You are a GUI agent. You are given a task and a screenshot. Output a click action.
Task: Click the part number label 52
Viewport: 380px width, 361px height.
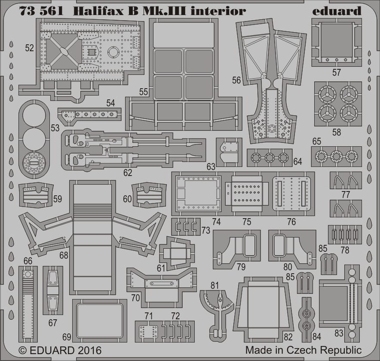[x=29, y=48]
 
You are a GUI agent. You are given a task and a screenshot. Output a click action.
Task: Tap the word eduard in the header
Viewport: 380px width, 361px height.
[x=337, y=11]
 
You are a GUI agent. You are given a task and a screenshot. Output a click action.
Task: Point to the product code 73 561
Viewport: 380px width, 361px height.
[x=41, y=11]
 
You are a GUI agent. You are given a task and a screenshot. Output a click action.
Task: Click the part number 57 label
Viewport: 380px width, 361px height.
[x=337, y=72]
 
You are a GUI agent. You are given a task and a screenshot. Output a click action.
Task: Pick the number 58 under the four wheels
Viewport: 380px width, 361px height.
[x=337, y=132]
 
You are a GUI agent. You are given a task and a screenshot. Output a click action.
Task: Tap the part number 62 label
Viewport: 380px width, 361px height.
[x=128, y=173]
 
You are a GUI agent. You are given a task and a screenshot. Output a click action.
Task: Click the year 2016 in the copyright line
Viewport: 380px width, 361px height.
[x=89, y=351]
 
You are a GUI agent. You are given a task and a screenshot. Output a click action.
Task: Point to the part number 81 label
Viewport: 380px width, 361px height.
[x=215, y=286]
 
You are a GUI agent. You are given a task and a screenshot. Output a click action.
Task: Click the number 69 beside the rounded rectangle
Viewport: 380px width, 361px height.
[x=67, y=337]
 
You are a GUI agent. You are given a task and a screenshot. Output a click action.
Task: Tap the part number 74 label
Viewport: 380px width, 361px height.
[x=216, y=222]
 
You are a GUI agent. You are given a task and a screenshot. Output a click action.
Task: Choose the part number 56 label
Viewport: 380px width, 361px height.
[x=236, y=80]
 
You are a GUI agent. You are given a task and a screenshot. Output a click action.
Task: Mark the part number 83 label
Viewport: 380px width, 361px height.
[x=339, y=333]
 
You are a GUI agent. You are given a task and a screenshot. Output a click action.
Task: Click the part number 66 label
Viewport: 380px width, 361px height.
[x=28, y=261]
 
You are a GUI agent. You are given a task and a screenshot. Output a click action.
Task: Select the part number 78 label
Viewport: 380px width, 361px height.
[x=345, y=250]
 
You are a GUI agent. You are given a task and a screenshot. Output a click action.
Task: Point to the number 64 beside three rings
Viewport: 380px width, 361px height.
[x=297, y=162]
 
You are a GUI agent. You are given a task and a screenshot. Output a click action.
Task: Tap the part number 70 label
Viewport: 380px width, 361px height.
[x=135, y=298]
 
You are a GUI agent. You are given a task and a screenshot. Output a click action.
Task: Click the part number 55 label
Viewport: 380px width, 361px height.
[x=144, y=92]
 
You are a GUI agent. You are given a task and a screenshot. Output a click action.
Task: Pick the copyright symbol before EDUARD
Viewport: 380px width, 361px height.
[x=22, y=351]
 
